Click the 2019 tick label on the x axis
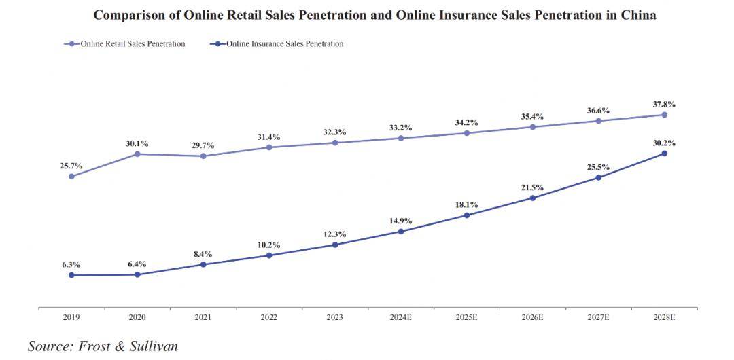pos(71,317)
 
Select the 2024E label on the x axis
pos(401,317)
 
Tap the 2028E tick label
pos(664,317)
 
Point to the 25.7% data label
pos(71,166)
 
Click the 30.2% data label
pos(664,143)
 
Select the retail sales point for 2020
pos(137,154)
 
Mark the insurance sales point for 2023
pos(335,245)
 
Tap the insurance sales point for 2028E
pos(664,154)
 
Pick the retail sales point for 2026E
pos(532,127)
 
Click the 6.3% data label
pos(71,265)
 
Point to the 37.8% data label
pos(664,105)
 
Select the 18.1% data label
pos(467,204)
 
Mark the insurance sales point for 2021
pos(203,264)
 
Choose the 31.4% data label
pos(269,137)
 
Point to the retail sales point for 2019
pos(71,177)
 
